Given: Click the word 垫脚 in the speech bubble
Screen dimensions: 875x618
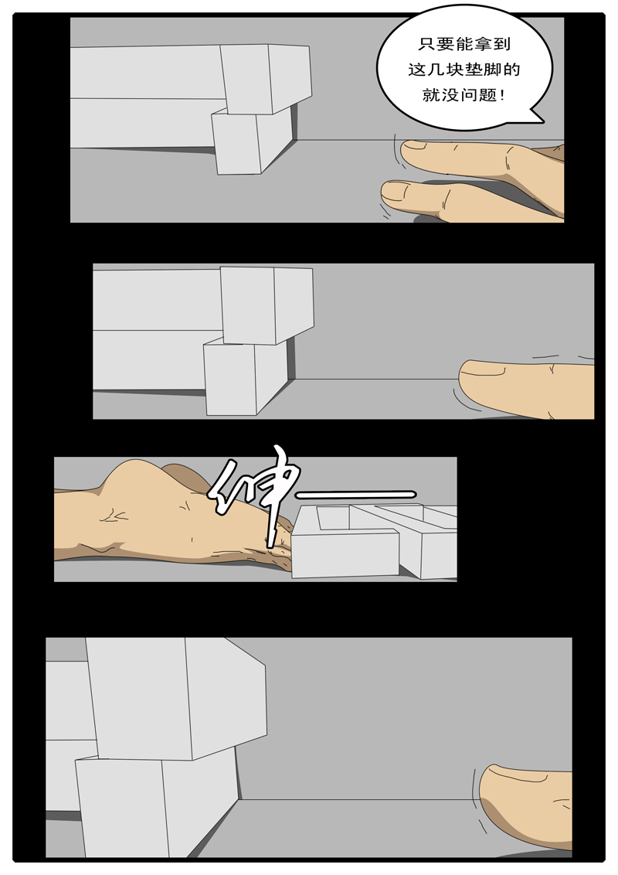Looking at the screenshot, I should click(x=484, y=70).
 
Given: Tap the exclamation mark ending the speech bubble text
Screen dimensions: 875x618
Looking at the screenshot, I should click(x=503, y=97).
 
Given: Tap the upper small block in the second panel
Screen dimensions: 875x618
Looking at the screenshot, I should click(x=267, y=305).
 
